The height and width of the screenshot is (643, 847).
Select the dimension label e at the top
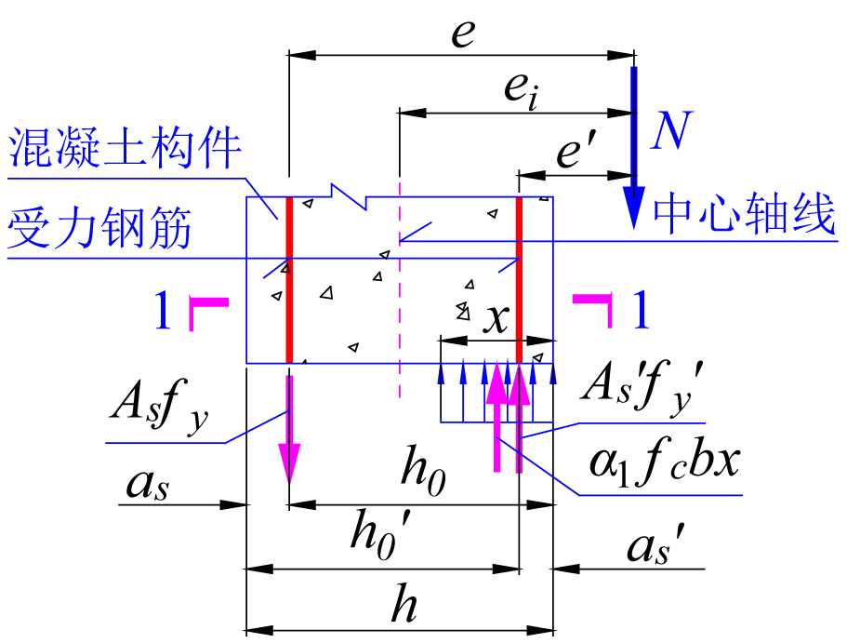click(x=462, y=33)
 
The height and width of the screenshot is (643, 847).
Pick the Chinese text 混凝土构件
click(x=125, y=149)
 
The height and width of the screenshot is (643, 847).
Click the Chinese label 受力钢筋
click(x=100, y=229)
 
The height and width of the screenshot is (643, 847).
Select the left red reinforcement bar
click(x=289, y=279)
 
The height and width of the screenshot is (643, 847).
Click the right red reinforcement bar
click(x=519, y=279)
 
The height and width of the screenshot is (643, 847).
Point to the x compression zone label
click(x=498, y=319)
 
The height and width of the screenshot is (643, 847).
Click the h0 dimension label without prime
click(x=423, y=476)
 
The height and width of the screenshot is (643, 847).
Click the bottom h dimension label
click(x=402, y=606)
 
